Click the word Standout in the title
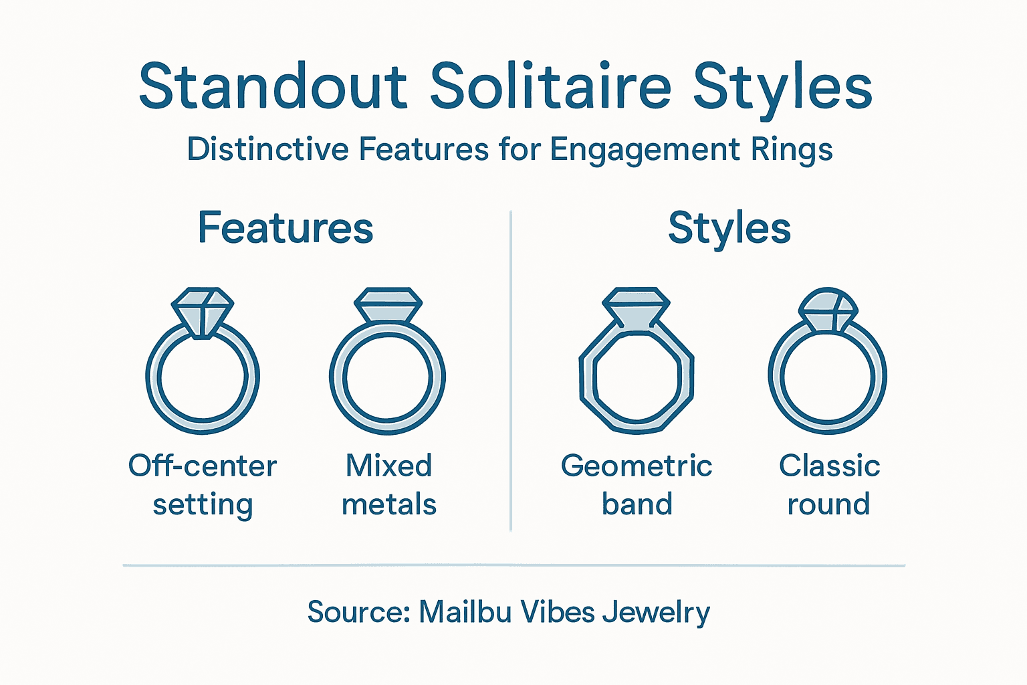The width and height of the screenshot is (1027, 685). click(273, 87)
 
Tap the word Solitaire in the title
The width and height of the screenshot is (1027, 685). click(550, 87)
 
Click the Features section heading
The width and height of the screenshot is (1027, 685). click(286, 228)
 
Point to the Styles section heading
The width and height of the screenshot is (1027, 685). click(729, 228)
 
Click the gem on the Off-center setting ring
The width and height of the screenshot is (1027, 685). click(202, 311)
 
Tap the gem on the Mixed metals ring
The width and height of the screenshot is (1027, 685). click(388, 306)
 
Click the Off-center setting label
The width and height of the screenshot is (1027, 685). click(203, 485)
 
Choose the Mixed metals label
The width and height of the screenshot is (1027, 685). click(388, 485)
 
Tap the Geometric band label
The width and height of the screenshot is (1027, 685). click(637, 485)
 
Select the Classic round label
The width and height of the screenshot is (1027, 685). click(829, 485)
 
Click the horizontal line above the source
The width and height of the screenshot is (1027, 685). click(513, 566)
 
